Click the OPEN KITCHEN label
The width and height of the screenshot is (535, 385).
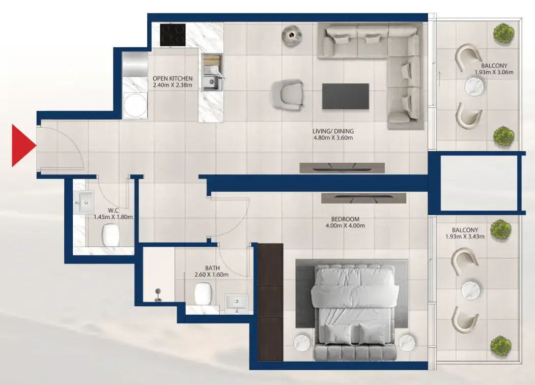173,78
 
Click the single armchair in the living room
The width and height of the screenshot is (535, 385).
287,95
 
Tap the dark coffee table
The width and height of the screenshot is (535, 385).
346,96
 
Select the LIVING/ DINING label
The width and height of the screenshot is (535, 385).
332,131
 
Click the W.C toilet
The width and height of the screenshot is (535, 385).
110,234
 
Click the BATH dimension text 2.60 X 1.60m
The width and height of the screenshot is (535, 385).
211,275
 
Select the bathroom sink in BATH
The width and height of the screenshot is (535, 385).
236,302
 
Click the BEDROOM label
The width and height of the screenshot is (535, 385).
345,219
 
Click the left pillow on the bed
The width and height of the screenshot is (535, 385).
334,333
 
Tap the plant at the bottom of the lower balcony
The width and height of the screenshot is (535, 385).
500,345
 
